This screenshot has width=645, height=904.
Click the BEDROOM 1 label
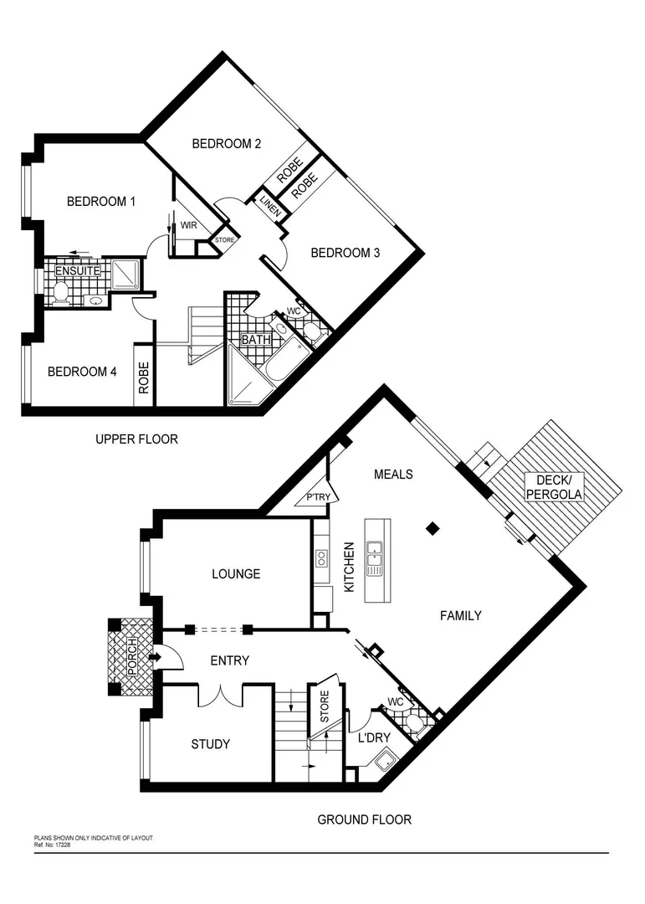(x=101, y=202)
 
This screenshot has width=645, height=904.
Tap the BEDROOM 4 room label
(x=81, y=372)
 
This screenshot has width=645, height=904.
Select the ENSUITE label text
(x=78, y=271)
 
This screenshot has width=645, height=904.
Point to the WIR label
(x=188, y=225)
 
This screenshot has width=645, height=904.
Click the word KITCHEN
(x=350, y=568)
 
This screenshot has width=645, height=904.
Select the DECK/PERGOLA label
(x=553, y=487)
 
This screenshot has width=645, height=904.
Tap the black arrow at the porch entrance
(x=154, y=657)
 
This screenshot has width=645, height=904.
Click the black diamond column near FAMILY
(x=432, y=528)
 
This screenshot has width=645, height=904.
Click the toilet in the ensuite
(x=60, y=290)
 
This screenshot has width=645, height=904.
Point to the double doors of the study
(x=220, y=694)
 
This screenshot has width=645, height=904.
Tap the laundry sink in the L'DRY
(x=386, y=761)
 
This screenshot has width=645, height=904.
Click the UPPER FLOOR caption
(x=136, y=439)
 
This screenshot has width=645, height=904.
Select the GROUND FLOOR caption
(x=364, y=819)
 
